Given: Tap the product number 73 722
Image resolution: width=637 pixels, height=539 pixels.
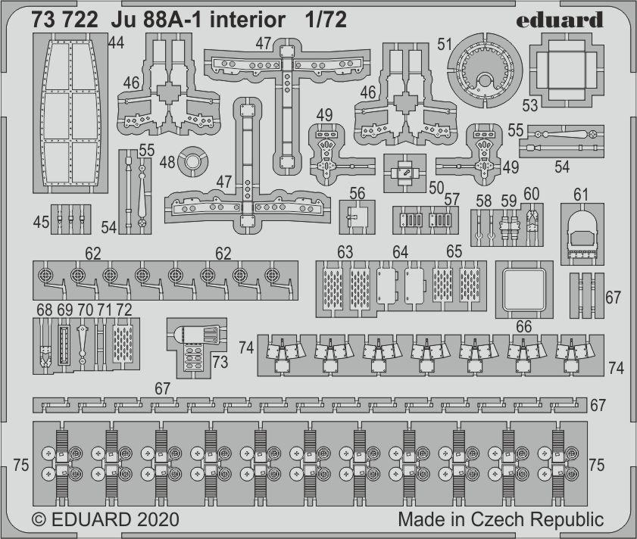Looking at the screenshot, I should (x=65, y=20).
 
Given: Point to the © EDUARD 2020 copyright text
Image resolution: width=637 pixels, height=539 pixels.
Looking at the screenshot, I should (x=105, y=520).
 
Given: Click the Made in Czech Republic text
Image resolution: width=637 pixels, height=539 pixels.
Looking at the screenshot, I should (x=501, y=520).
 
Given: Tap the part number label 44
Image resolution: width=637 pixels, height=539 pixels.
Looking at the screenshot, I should (x=116, y=44).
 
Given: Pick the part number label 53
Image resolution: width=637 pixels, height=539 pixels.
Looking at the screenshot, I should (x=529, y=104).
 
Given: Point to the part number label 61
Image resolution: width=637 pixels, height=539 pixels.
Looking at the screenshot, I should (x=581, y=195).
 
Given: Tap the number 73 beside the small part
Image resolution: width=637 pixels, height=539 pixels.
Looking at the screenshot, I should (x=220, y=363).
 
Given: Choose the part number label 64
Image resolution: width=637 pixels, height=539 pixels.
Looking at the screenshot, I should (x=400, y=251).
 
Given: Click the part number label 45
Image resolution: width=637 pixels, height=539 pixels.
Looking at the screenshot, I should (x=42, y=222).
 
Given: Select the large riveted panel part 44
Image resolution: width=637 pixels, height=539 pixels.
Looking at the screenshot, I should (x=67, y=114).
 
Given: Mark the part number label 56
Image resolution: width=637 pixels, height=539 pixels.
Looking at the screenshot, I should (x=358, y=193).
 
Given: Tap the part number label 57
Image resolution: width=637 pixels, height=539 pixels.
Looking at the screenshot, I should (x=452, y=199).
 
